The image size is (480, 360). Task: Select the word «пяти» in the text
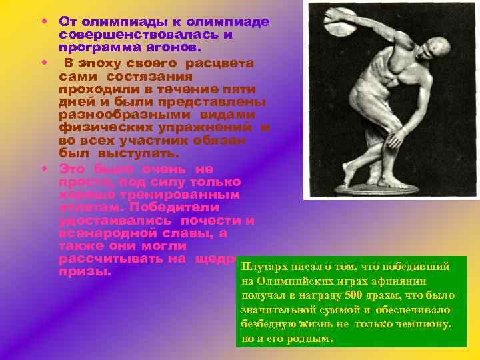point(241,89)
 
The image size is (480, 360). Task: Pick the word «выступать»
point(130,153)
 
